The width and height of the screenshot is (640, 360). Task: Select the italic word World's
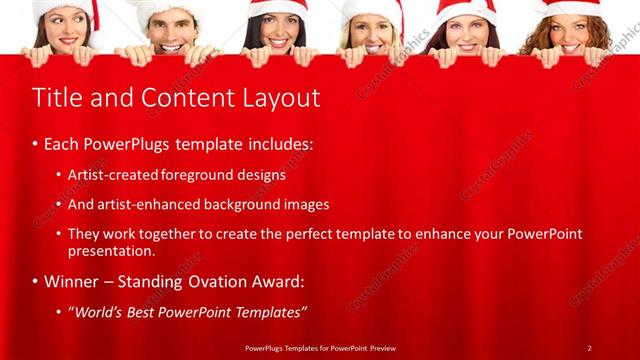[99, 312]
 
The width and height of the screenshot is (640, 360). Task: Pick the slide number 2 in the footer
[589, 347]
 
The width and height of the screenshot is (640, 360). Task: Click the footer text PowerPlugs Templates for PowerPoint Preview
[319, 347]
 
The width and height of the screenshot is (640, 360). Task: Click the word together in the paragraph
[171, 234]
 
